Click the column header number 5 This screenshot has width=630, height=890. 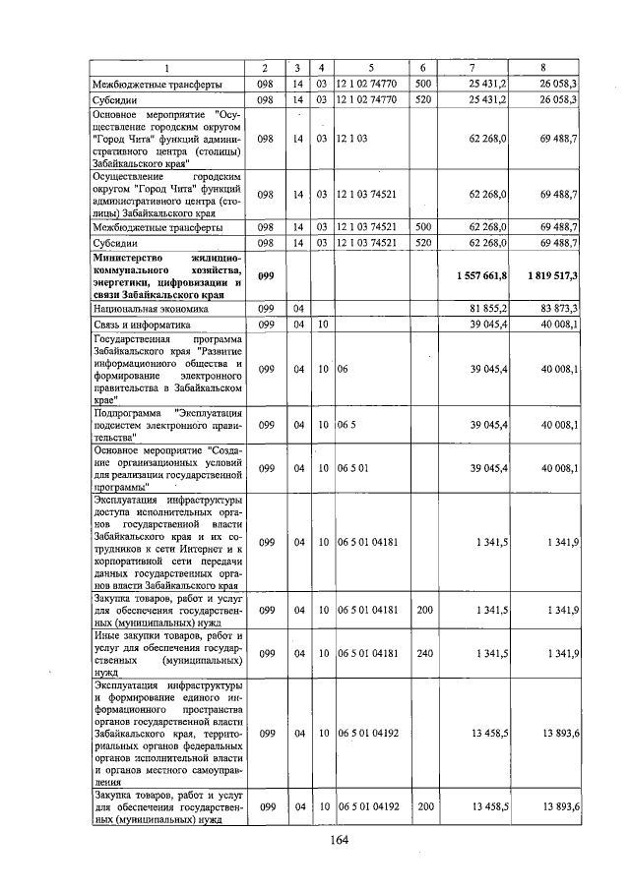click(370, 67)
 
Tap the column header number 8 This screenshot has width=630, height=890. click(543, 67)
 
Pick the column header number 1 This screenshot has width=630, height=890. click(166, 67)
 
